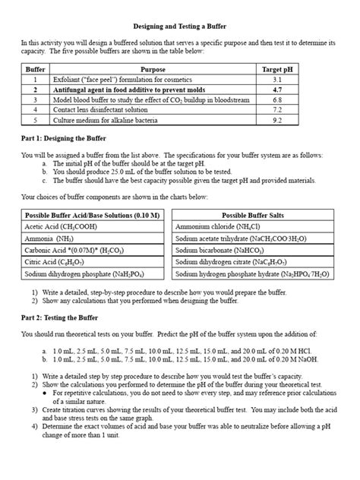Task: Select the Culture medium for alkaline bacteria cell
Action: click(x=104, y=120)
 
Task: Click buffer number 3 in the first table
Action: click(x=35, y=99)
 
